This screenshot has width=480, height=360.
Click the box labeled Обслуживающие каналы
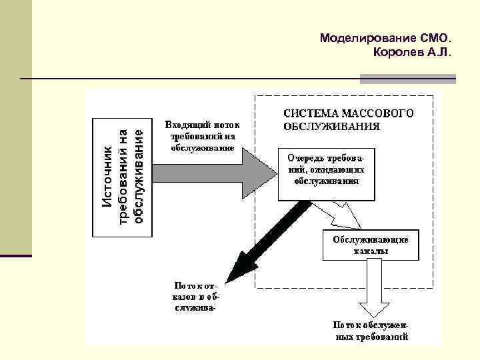pos(371,246)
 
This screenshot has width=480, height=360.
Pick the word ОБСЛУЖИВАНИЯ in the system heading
pos(332,125)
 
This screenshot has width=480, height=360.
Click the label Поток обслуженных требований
pos(371,331)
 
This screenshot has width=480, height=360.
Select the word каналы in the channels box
pos(371,253)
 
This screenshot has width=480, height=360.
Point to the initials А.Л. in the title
pos(440,51)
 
